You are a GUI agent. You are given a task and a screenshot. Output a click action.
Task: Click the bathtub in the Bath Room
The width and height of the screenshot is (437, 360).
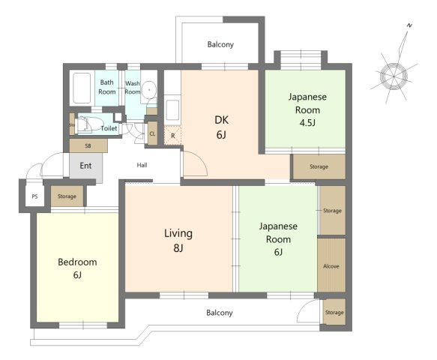(82, 88)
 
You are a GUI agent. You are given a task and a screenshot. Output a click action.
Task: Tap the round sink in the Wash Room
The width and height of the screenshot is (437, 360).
(149, 90)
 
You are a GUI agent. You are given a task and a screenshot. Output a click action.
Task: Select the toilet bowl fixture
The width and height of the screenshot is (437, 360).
(90, 124)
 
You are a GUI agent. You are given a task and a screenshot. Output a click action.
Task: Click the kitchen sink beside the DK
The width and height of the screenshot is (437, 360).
(172, 109)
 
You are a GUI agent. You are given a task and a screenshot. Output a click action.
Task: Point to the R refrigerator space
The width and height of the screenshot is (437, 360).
(173, 136)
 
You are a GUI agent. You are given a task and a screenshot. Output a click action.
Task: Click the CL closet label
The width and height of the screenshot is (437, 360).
(152, 133)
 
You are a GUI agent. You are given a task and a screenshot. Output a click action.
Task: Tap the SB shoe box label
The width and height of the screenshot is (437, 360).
(88, 145)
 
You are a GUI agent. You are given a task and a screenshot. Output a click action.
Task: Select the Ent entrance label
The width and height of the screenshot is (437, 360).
(85, 166)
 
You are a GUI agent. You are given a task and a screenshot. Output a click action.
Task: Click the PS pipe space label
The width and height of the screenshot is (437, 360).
(34, 196)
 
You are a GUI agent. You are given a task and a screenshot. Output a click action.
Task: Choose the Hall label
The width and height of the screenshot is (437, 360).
(142, 165)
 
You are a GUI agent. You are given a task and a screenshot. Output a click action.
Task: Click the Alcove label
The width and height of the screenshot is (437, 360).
(331, 266)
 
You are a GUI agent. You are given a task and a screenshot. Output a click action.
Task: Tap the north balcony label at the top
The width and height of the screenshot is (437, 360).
(220, 44)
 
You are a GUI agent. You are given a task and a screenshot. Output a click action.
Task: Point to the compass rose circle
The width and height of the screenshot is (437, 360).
(394, 76)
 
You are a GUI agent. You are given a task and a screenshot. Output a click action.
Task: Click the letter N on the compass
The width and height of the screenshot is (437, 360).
(409, 25)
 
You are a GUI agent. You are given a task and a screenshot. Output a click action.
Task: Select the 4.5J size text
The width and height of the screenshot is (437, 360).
(307, 123)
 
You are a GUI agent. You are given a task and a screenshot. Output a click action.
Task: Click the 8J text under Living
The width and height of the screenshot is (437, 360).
(178, 247)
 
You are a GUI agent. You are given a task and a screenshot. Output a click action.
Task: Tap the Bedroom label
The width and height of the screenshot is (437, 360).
(77, 262)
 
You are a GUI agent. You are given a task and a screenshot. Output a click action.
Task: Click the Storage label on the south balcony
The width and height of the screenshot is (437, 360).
(334, 313)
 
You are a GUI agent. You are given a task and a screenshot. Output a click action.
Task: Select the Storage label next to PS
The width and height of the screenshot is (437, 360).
(67, 196)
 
